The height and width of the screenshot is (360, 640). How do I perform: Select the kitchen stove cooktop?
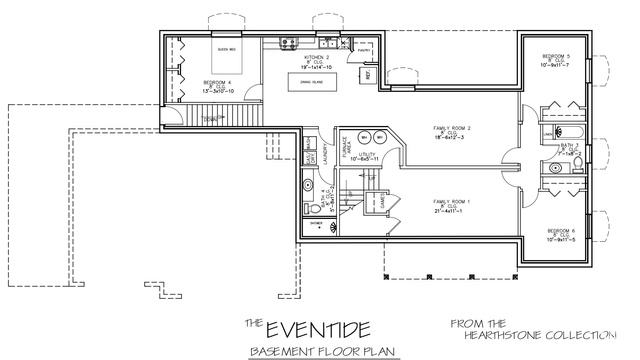pos(286,42)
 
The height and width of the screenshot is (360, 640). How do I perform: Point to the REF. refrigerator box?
pos(369,75)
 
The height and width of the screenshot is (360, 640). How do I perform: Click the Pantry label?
pos(365,45)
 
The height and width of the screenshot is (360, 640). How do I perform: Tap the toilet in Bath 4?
pos(315,208)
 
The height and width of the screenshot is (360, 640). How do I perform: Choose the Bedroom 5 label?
pos(556,59)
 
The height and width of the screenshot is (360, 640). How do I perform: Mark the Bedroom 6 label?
pos(559,234)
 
